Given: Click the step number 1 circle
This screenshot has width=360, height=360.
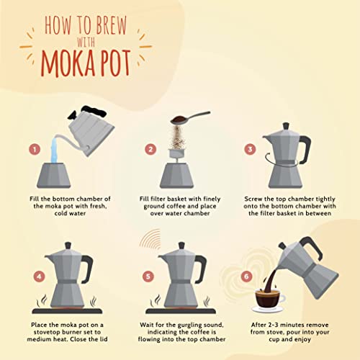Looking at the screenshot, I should coord(33,150).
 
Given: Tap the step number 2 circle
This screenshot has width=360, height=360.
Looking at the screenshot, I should coord(150,150).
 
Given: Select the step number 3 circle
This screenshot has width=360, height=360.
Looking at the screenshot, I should coord(251,150).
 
